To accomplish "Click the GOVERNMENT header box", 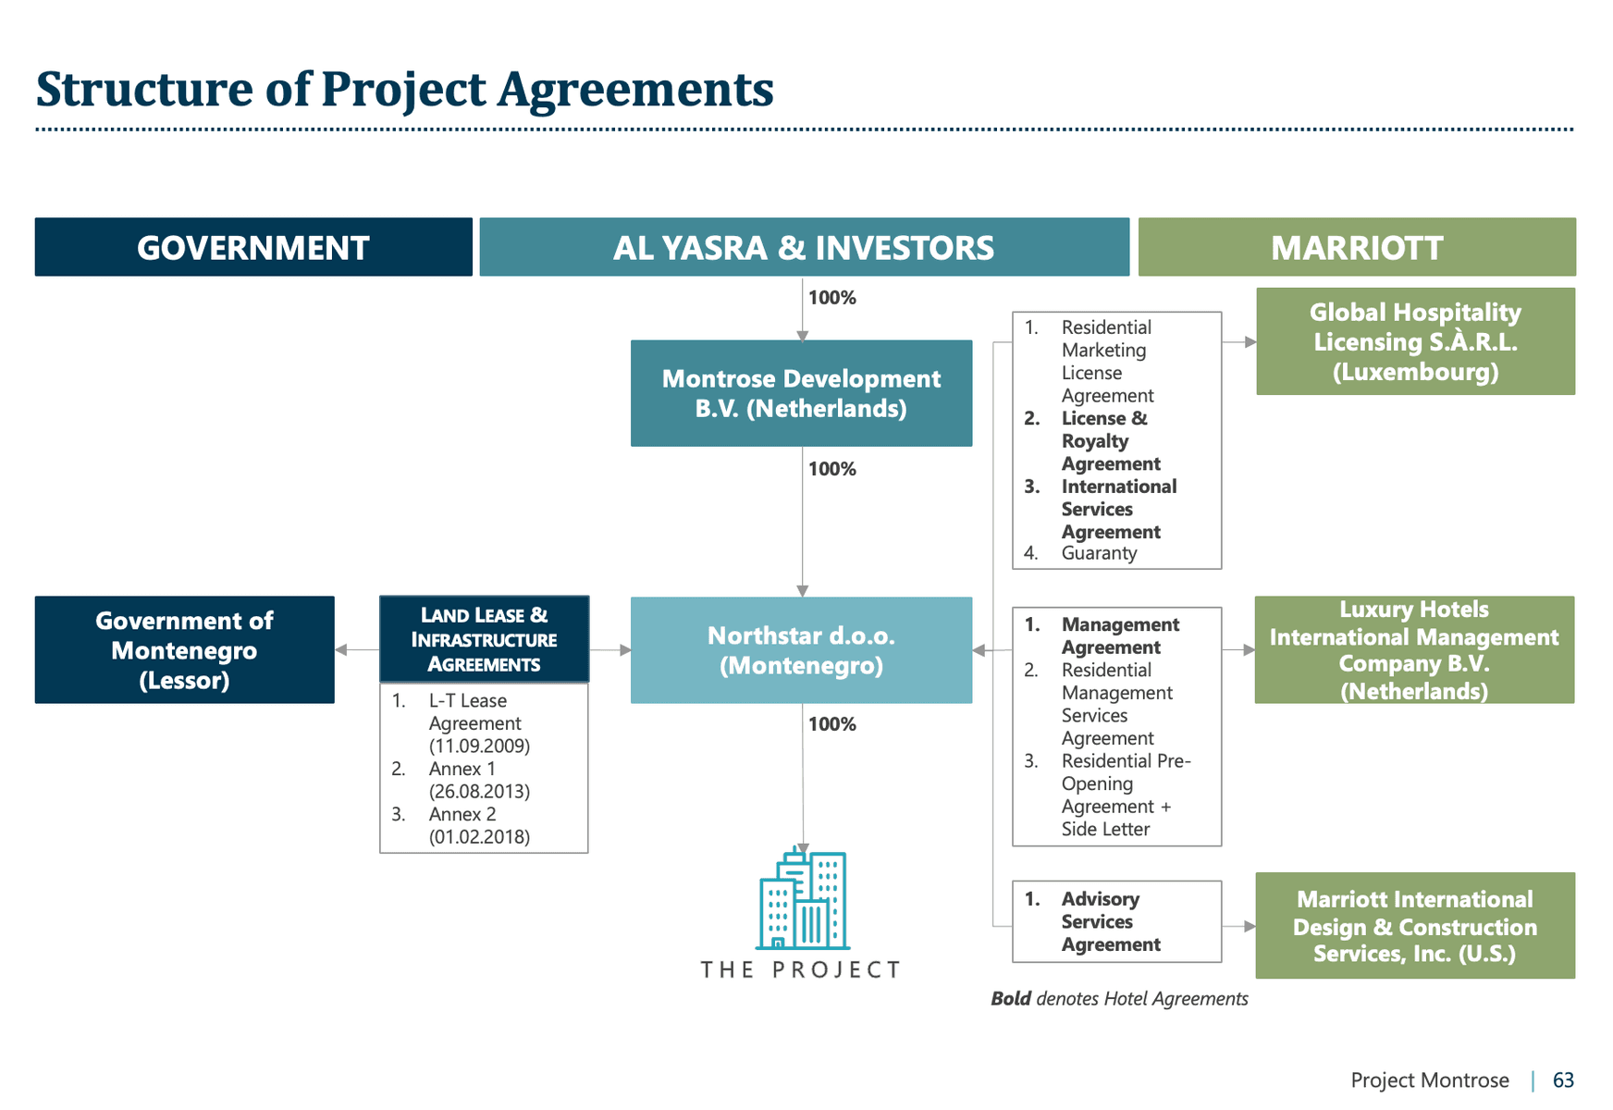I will click(x=253, y=247).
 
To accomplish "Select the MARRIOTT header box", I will click(x=1356, y=247).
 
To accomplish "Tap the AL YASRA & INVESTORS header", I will click(x=804, y=247).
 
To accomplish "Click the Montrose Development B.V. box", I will click(x=801, y=393).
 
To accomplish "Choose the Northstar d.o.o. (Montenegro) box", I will click(x=801, y=649).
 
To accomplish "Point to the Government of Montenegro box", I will click(x=184, y=649).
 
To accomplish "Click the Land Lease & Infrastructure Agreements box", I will click(x=484, y=639).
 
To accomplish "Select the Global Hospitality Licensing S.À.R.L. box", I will click(x=1415, y=341).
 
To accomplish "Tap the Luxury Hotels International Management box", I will click(x=1413, y=649).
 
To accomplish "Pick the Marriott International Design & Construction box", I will click(x=1414, y=925).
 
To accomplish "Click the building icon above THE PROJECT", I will click(x=802, y=899).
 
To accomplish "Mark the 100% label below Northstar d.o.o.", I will click(x=831, y=724).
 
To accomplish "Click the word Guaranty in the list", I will click(x=1099, y=553).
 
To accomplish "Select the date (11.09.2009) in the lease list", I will click(x=479, y=746).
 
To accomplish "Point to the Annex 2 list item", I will click(x=462, y=814).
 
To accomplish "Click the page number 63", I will click(x=1563, y=1079).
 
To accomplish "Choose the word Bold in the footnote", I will click(x=1010, y=999).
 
